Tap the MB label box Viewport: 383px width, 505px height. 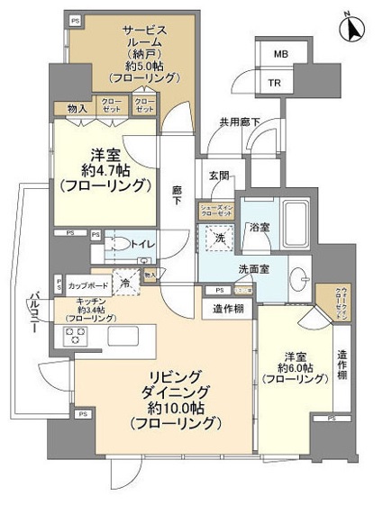(x=281, y=54)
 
